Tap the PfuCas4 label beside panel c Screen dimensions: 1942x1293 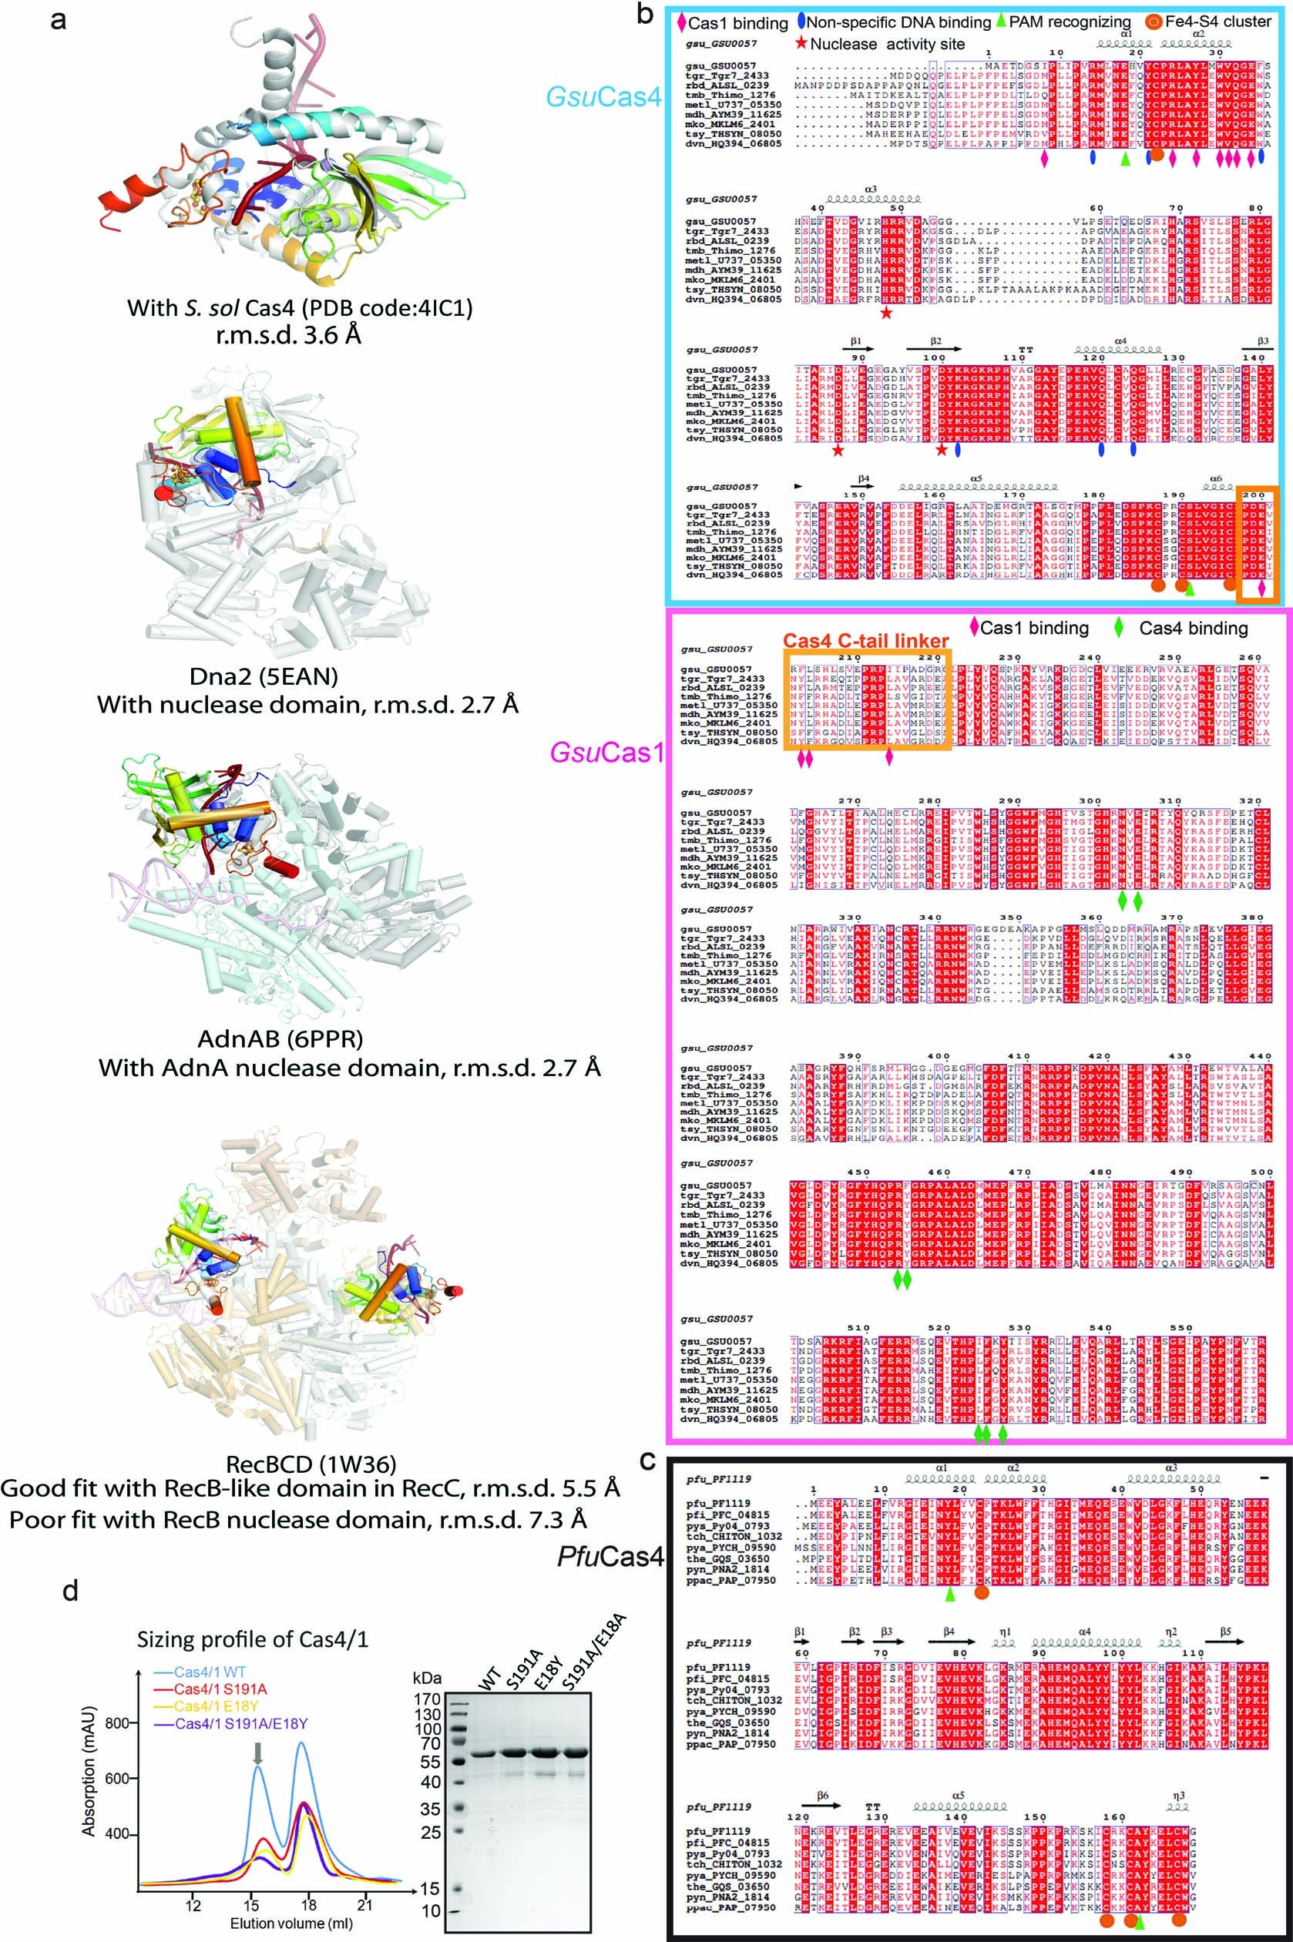(610, 1557)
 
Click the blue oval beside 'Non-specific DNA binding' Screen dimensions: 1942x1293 (801, 22)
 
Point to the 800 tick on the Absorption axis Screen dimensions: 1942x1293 (116, 1723)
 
